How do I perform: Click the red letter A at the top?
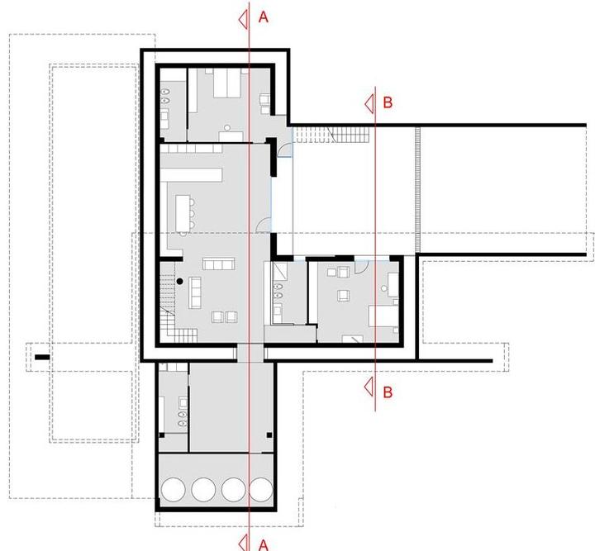point(264,17)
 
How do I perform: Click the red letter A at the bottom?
point(264,546)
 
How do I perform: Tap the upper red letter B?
point(388,102)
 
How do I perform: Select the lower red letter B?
point(388,392)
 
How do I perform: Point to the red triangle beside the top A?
point(243,18)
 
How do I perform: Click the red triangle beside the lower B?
point(369,387)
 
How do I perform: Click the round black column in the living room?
point(180,282)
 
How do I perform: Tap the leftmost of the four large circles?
point(173,489)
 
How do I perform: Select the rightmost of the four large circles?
point(261,489)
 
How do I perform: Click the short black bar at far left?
point(42,357)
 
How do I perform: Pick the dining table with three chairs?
point(184,214)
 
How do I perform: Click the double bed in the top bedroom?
point(227,83)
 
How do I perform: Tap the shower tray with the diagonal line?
point(279,270)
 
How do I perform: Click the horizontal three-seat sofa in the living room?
point(218,264)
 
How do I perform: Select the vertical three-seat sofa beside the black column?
point(195,292)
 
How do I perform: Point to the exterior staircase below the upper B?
point(331,135)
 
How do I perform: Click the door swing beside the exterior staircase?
point(284,150)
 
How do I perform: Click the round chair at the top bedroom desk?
point(227,128)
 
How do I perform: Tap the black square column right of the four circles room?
point(269,435)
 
